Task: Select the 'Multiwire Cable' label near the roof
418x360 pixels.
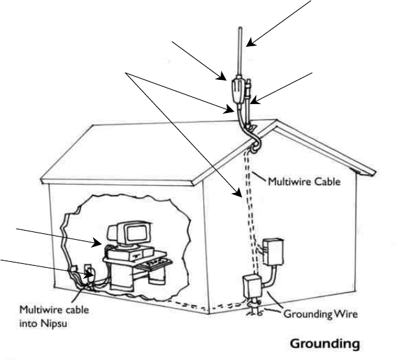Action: (304, 183)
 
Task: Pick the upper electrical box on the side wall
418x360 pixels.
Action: (272, 253)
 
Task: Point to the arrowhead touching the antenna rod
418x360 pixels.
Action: (249, 44)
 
